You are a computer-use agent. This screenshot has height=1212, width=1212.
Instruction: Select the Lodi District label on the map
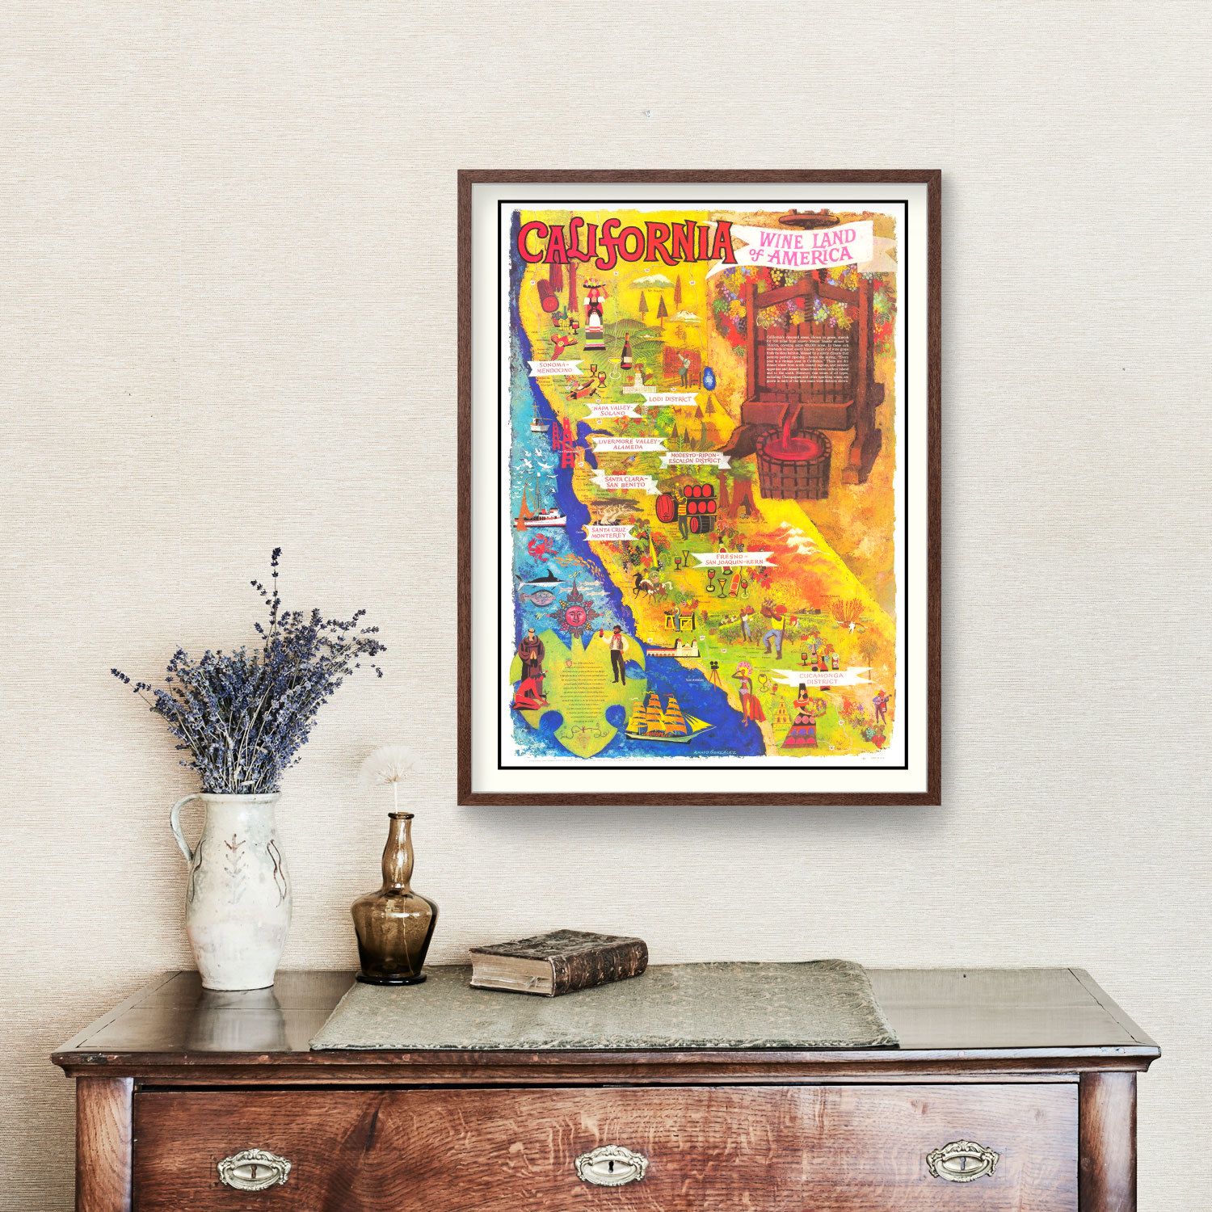[670, 399]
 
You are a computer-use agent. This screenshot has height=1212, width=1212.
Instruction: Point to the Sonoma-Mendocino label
[551, 371]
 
